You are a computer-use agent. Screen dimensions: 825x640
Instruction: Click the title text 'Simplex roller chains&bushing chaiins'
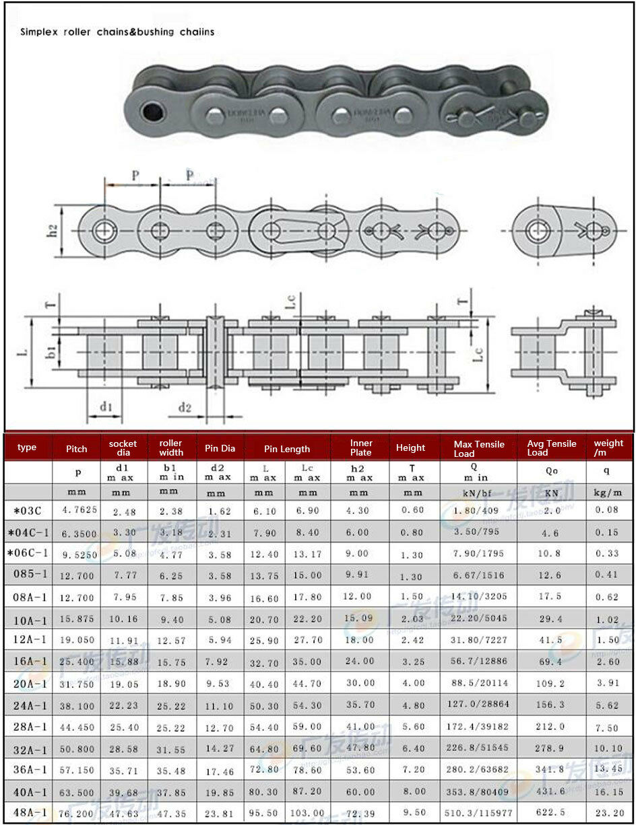(x=117, y=32)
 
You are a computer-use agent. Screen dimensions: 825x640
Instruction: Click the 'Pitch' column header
(x=76, y=449)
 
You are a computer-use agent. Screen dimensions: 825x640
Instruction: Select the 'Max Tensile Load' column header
(x=478, y=449)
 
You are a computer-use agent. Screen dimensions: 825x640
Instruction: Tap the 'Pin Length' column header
(x=287, y=449)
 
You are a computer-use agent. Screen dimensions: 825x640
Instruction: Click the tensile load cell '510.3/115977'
(x=479, y=813)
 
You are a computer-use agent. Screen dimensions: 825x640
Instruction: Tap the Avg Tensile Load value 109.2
(x=551, y=684)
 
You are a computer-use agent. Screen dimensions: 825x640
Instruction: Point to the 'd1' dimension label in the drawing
(x=106, y=406)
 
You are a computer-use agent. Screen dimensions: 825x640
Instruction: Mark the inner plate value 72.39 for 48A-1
(x=360, y=812)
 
